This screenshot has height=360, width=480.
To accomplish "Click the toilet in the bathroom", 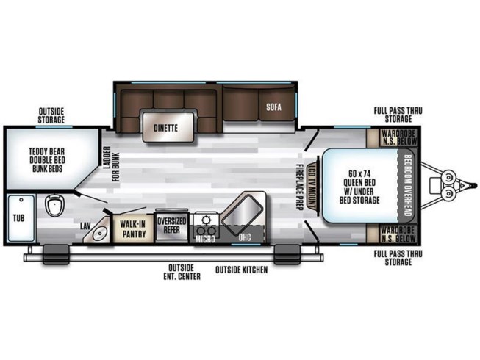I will click(53, 206).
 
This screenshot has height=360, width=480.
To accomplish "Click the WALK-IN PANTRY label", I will click(133, 228).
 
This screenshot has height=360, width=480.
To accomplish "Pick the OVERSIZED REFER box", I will click(171, 225).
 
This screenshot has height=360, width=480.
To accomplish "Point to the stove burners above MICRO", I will click(205, 220).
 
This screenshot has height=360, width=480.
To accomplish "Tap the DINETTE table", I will click(167, 126).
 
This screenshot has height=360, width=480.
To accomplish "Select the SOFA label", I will click(273, 107).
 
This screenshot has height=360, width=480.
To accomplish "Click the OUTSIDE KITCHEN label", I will click(241, 270).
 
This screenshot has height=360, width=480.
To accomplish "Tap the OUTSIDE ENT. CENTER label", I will click(181, 272).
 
